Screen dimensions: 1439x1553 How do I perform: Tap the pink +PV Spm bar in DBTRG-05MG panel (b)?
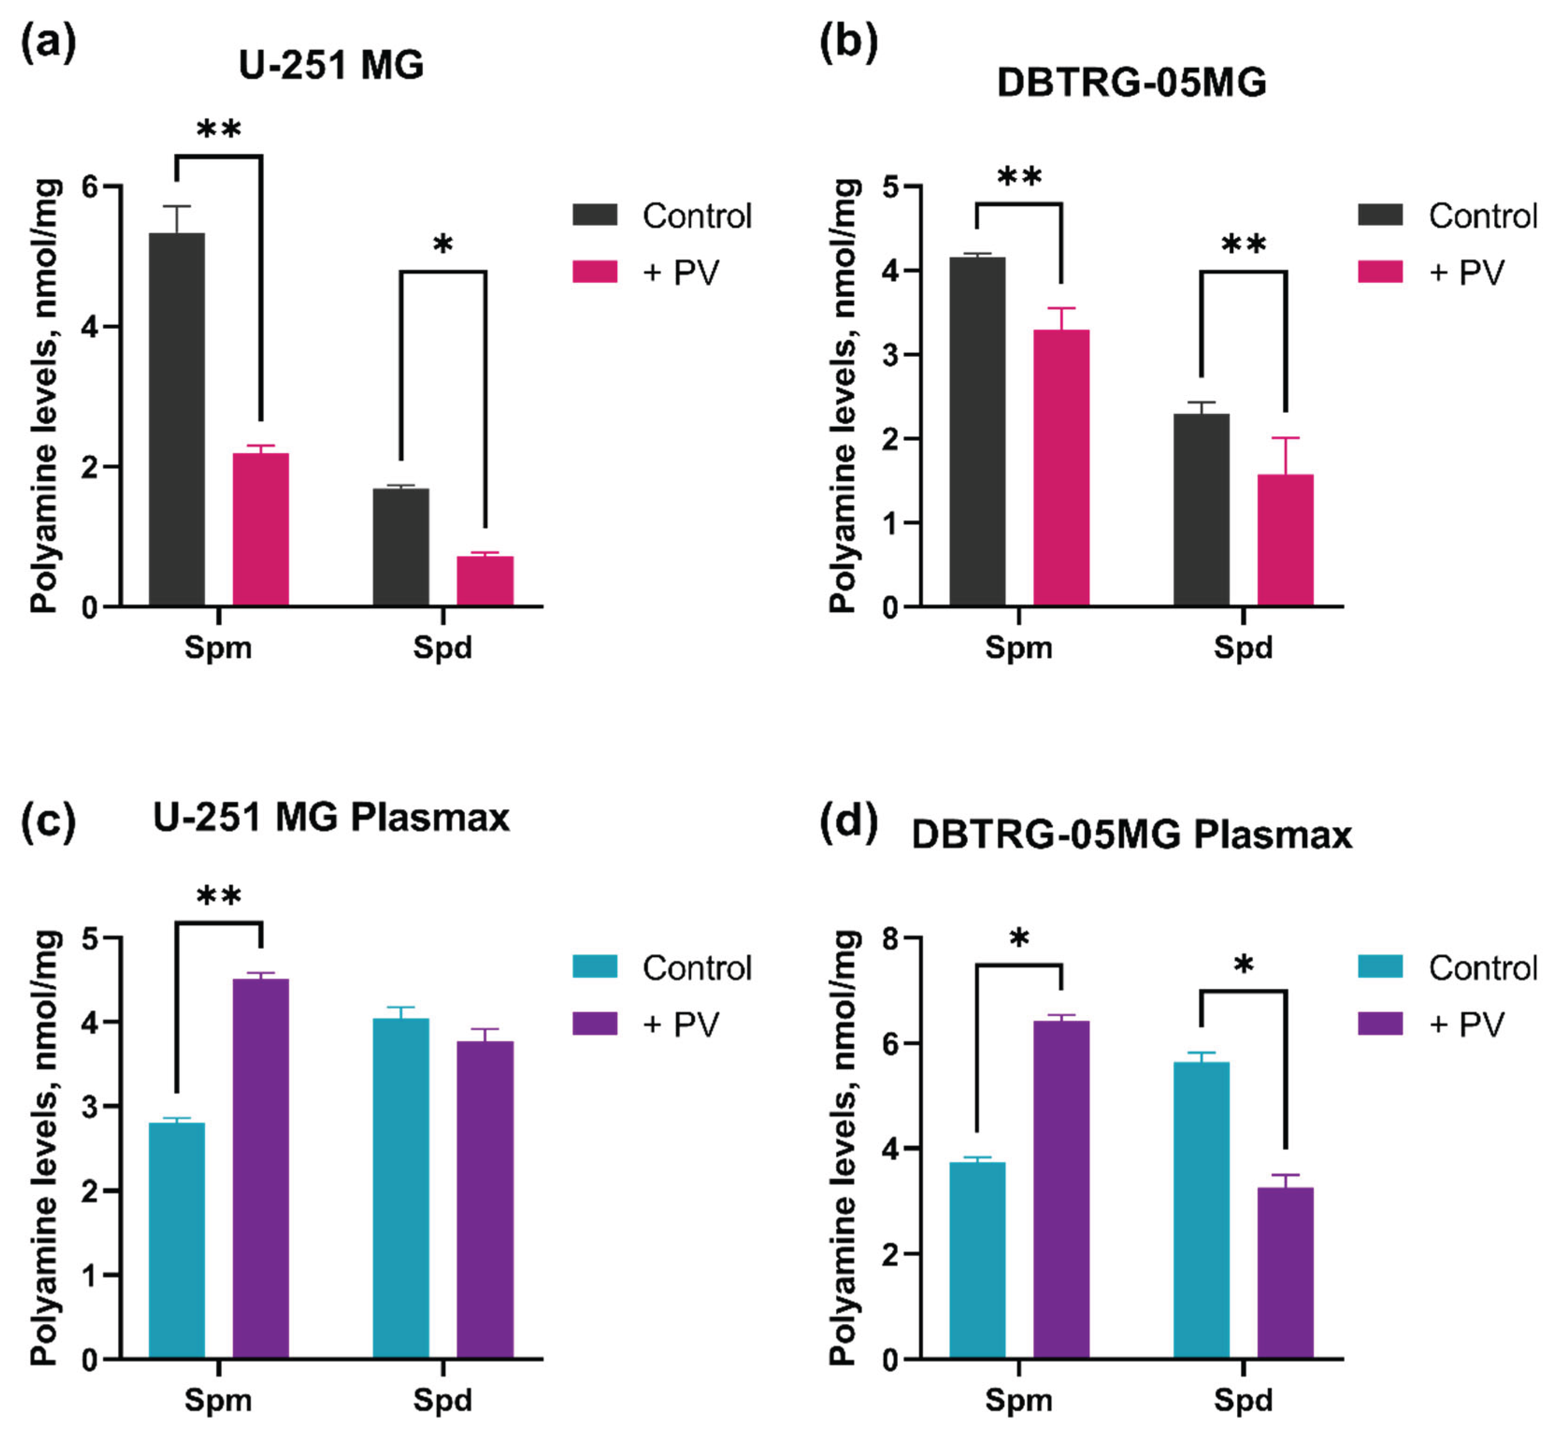1060,467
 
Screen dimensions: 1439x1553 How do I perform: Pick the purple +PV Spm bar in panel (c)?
261,1168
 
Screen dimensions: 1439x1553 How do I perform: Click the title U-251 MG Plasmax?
331,818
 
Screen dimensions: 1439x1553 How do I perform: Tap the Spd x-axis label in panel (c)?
442,1399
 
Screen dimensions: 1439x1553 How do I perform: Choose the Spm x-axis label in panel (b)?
1018,647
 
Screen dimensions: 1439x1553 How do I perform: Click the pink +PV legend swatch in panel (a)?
595,272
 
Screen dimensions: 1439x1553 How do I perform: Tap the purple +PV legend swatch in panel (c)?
595,1024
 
